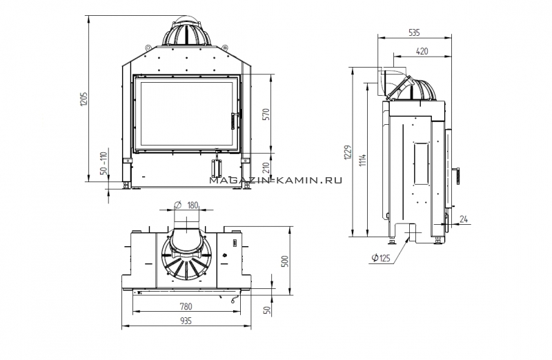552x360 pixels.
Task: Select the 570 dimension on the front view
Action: pos(266,114)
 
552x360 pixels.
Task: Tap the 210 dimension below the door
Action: pos(266,167)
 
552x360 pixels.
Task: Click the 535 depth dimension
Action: pos(415,32)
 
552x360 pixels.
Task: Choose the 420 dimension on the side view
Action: pos(422,51)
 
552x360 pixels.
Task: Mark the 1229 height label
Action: pos(348,152)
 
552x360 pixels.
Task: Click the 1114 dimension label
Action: pos(364,160)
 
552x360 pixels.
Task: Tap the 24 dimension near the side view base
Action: pos(464,219)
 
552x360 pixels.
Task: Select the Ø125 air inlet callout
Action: pos(381,258)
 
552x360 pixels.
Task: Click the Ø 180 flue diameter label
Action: pos(186,205)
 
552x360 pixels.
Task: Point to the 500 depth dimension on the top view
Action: pos(285,261)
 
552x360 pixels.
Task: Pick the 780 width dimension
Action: pos(186,306)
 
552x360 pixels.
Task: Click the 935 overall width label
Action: pos(186,321)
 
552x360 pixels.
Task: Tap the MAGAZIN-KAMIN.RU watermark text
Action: pos(275,181)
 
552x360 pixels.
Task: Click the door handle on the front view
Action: pos(233,121)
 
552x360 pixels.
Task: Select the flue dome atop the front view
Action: pos(186,33)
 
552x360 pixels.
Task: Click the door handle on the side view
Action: pos(457,175)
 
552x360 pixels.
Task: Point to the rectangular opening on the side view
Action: pos(421,163)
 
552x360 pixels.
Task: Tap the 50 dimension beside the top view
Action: pos(268,310)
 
